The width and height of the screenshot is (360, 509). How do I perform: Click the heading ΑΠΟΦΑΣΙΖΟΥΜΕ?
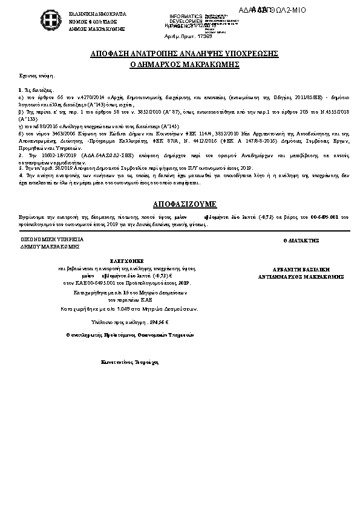(180, 204)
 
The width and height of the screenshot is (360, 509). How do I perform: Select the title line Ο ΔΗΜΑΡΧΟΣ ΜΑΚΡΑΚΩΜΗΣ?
(180, 63)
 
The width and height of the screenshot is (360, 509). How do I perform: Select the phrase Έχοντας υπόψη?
(37, 76)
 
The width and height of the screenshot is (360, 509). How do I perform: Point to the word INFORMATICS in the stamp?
(186, 16)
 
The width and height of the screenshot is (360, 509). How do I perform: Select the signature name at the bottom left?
(129, 362)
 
